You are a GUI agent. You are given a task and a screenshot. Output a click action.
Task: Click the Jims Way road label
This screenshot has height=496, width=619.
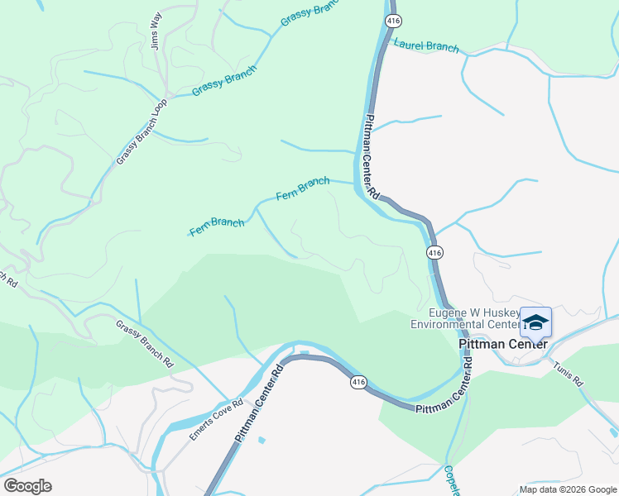click(156, 31)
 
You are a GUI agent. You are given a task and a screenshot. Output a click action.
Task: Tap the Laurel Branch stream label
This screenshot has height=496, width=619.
click(427, 46)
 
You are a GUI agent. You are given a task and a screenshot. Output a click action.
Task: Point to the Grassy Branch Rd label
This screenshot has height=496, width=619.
click(145, 344)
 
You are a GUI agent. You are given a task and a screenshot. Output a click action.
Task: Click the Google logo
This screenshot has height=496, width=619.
click(27, 486)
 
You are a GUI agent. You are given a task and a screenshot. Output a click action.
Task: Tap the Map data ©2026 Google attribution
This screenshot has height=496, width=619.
click(567, 489)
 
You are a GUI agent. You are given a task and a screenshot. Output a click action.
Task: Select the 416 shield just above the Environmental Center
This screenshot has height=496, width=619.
click(434, 251)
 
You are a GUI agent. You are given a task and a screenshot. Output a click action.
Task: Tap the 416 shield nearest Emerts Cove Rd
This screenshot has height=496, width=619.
click(357, 382)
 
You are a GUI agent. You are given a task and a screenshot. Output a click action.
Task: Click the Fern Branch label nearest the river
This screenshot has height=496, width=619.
click(302, 188)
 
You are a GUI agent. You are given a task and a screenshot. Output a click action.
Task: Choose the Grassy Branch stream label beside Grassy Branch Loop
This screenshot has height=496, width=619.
click(223, 81)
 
